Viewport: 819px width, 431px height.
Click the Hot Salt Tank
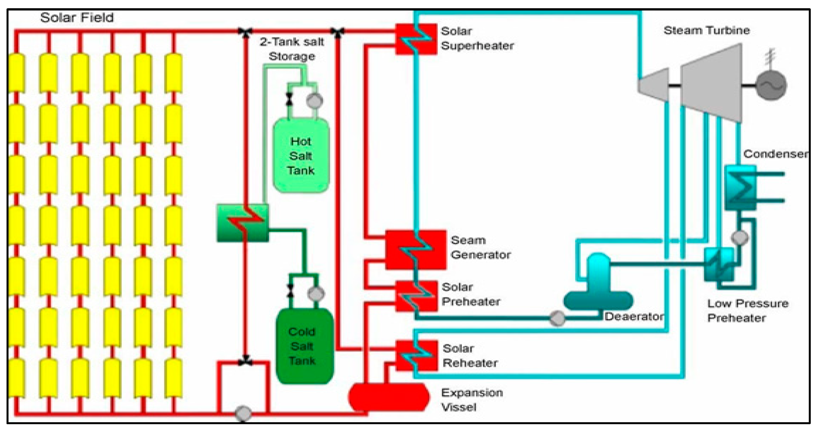[301, 155]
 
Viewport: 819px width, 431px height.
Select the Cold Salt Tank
[304, 346]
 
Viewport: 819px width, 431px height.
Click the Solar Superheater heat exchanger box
[416, 39]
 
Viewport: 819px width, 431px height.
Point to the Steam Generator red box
[416, 250]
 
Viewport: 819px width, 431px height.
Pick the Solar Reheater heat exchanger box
[417, 355]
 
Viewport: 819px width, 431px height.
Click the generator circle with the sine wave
[771, 85]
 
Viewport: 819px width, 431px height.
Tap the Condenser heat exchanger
[740, 188]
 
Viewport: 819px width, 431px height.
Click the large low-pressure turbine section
[711, 83]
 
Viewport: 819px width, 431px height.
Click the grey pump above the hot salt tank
[315, 101]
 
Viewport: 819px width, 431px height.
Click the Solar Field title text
[77, 18]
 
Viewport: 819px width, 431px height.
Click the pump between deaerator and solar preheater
[557, 318]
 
